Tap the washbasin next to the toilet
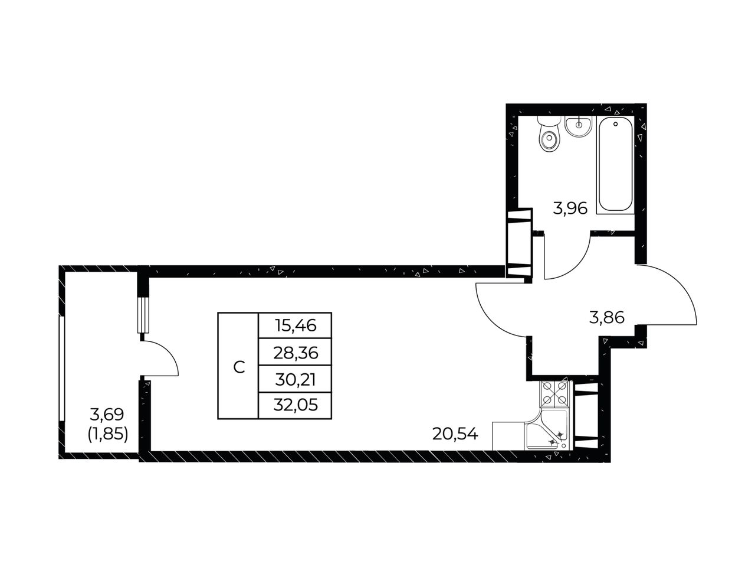point(579,126)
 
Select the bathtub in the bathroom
point(615,165)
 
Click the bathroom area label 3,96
point(570,208)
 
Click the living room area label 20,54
point(455,434)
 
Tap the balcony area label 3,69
point(107,415)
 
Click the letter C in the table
point(239,367)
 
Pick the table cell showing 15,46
point(295,325)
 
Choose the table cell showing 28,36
point(295,351)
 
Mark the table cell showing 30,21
point(295,379)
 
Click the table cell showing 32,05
point(295,405)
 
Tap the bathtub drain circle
point(615,124)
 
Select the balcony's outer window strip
point(62,369)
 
